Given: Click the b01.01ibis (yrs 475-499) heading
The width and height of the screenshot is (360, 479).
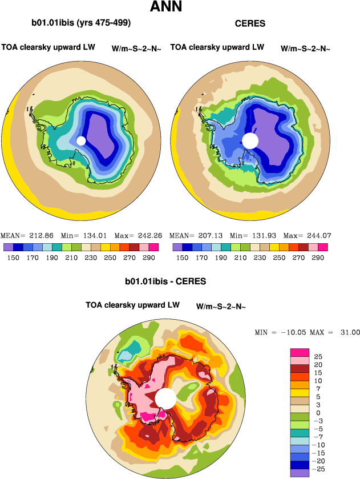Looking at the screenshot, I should [81, 23].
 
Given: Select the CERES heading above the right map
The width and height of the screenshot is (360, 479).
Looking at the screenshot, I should [250, 24].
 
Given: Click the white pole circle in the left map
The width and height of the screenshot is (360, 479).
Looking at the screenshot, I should [81, 140].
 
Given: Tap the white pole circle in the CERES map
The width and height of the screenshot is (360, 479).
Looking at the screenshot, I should [250, 140].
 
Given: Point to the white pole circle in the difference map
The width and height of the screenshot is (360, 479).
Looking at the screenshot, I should [165, 399].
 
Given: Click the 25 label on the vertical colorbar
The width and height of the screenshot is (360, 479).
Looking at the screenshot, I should [318, 356].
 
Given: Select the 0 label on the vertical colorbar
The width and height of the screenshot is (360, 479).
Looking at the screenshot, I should [316, 412].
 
